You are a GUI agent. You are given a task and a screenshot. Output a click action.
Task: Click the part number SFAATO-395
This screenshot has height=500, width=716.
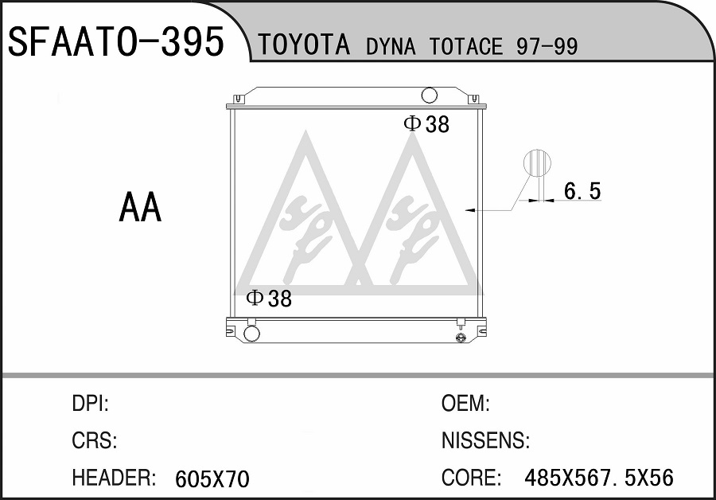[116, 41]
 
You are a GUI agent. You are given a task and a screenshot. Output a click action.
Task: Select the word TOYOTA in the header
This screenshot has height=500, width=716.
[304, 45]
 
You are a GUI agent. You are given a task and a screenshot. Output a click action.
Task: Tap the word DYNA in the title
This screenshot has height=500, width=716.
[391, 46]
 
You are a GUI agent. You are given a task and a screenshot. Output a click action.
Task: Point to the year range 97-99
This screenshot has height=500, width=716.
[547, 46]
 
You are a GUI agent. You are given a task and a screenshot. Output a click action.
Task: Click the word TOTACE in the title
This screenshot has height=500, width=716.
[465, 46]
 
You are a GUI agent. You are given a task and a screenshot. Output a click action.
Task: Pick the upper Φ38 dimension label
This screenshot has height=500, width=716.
[426, 124]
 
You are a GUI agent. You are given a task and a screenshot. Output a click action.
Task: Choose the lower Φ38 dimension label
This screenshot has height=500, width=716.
[269, 299]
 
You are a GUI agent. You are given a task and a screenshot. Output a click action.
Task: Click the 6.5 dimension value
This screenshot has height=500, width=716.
[582, 190]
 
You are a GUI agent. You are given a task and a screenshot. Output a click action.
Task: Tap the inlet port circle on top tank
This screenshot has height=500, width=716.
[430, 95]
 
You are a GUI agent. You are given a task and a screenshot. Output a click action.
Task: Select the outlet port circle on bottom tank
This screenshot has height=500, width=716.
[251, 333]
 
